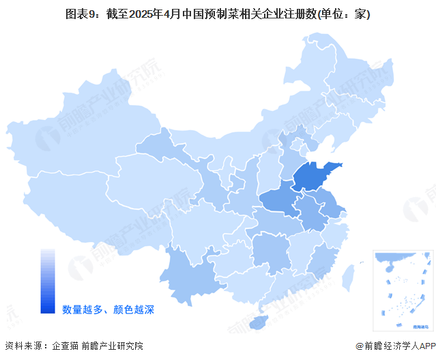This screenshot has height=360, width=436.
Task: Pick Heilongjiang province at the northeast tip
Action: (x=341, y=75)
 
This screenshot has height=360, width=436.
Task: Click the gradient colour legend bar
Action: (x=48, y=280)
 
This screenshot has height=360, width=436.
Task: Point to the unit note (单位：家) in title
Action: (x=340, y=14)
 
